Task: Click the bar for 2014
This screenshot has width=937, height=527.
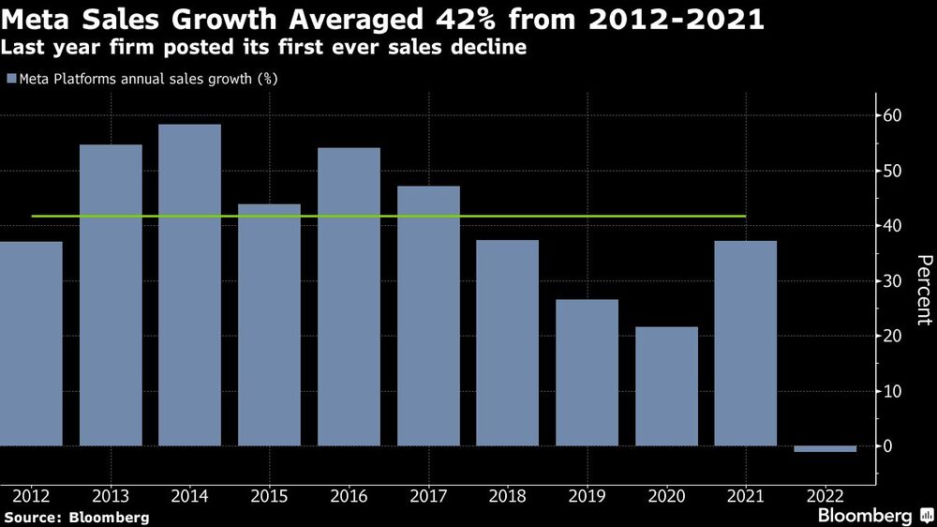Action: pos(189,285)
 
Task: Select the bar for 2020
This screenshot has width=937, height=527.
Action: pos(666,385)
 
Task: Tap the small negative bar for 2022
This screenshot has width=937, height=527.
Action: pos(825,449)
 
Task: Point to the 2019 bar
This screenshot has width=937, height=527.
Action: pos(587,372)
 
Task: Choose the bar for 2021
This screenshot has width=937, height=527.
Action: pos(746,343)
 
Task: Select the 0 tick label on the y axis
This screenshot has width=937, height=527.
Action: pos(894,446)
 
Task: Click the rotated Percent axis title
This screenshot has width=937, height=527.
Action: pos(924,290)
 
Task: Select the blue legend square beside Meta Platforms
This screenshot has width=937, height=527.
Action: pos(10,80)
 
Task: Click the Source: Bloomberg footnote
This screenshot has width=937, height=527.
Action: pos(76,517)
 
